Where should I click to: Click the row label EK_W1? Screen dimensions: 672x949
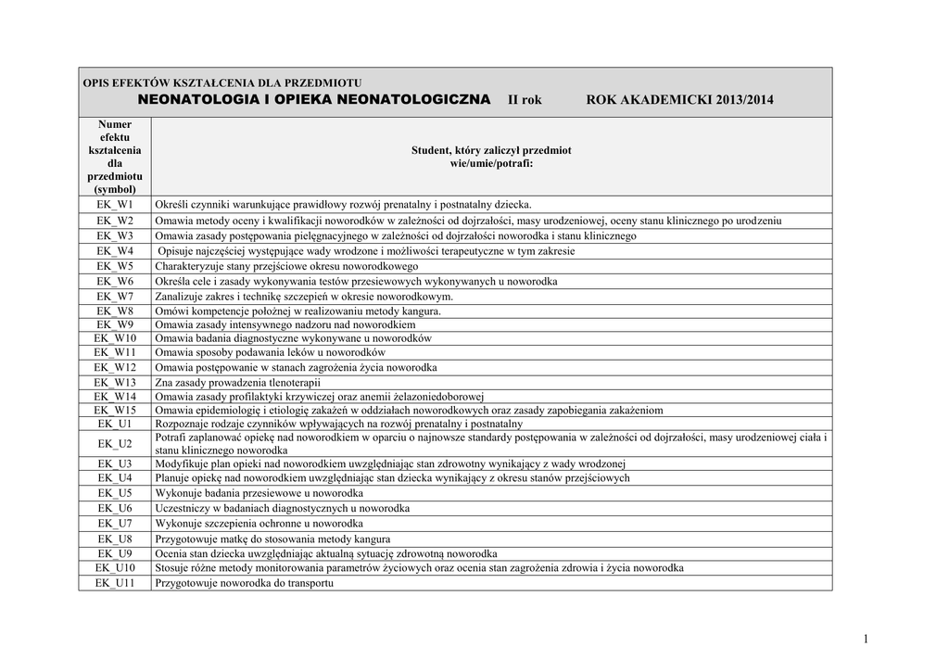click(x=115, y=204)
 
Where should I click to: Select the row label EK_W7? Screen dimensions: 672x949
click(x=115, y=296)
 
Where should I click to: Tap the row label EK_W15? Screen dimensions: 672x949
click(x=115, y=410)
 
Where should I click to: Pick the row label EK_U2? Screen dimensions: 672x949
click(x=115, y=443)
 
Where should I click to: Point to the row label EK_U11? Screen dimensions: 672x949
click(x=115, y=583)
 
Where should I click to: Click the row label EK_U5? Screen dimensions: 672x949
click(x=115, y=493)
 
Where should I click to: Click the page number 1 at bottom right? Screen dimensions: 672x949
click(x=865, y=639)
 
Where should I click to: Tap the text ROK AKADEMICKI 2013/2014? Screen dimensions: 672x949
click(x=680, y=100)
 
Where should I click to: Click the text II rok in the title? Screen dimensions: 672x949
click(x=525, y=100)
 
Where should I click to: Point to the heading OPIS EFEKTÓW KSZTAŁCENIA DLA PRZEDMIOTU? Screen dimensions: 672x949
click(x=222, y=82)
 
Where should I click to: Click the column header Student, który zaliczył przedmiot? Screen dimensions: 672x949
click(x=491, y=149)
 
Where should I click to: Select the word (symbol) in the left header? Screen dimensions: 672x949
click(x=115, y=188)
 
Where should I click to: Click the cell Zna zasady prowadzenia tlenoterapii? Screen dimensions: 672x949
click(x=237, y=382)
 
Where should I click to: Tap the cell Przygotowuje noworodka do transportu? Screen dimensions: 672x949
click(x=244, y=583)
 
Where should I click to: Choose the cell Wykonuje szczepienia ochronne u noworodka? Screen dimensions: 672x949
click(x=259, y=524)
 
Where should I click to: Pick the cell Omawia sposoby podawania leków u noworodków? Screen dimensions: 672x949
click(x=270, y=353)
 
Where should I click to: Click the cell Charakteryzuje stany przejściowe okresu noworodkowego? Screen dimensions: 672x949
click(x=286, y=266)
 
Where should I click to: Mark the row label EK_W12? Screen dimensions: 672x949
click(x=115, y=368)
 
